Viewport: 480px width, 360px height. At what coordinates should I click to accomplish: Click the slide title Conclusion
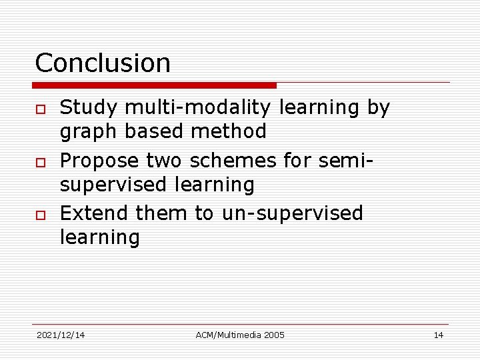click(103, 63)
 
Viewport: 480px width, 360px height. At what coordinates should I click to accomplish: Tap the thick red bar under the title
click(155, 85)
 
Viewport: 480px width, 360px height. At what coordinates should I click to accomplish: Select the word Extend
click(94, 213)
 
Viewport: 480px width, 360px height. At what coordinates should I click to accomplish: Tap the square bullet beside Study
click(41, 109)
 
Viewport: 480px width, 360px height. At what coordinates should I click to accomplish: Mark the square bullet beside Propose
click(41, 162)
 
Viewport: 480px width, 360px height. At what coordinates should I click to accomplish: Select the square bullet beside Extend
click(41, 215)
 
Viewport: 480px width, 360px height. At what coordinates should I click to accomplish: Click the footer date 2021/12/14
click(61, 335)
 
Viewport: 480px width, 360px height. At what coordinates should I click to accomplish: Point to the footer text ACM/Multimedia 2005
click(240, 335)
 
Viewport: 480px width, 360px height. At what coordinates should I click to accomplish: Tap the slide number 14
click(438, 335)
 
